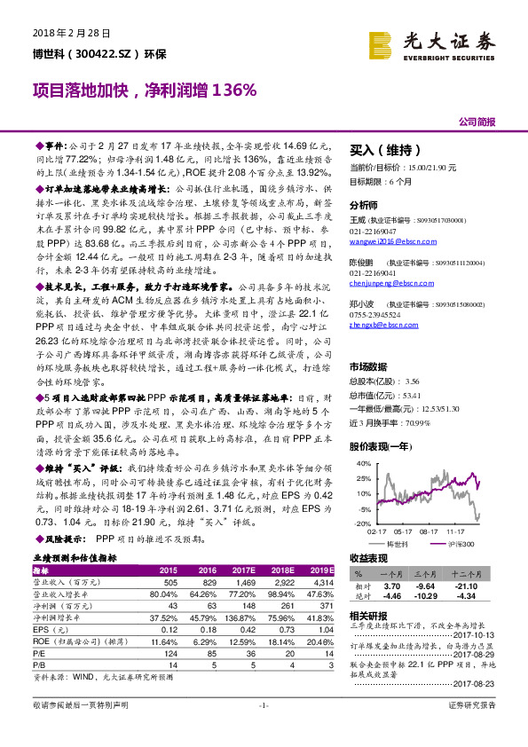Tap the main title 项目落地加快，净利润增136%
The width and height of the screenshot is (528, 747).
145,90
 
